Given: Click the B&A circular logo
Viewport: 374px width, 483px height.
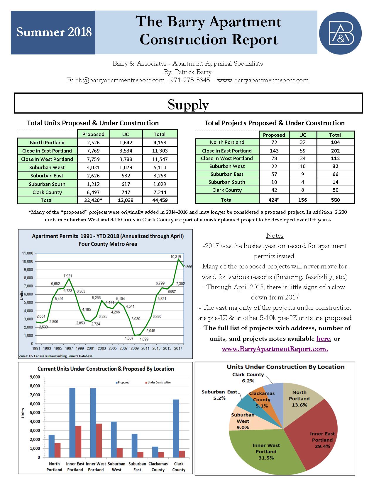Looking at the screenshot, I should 340,33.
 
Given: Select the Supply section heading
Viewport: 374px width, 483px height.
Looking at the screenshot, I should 188,104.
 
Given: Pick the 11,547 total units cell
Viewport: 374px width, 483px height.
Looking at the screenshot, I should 160,159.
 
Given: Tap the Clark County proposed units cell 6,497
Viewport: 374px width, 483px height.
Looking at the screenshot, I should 93,192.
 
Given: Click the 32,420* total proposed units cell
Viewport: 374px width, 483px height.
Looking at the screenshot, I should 93,201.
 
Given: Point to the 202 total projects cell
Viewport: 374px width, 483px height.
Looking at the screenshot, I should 335,151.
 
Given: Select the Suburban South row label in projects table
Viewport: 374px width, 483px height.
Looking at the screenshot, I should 227,182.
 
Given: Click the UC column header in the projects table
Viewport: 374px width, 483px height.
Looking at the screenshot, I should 303,135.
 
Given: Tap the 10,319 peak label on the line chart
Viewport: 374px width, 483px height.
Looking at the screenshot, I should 176,257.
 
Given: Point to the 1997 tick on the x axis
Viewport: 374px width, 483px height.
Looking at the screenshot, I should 69,349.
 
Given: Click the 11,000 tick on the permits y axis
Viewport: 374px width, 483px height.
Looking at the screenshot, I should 28,253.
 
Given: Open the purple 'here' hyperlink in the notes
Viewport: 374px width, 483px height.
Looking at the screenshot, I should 323,339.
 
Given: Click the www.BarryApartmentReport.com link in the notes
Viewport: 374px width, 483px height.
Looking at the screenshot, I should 275,349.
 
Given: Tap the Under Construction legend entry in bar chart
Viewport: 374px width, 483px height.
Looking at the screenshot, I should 158,382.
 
